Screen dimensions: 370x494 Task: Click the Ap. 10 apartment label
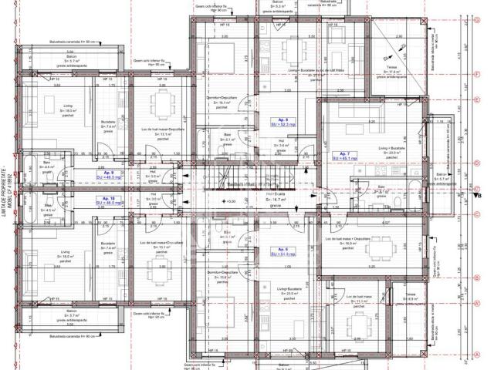click(x=107, y=200)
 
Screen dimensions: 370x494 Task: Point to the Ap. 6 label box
click(x=279, y=251)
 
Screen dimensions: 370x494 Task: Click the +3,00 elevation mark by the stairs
click(x=229, y=201)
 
